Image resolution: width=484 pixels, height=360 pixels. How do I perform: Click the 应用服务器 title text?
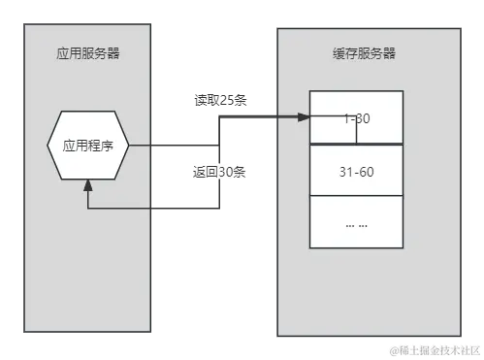(x=88, y=53)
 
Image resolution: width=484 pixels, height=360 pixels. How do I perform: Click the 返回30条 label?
(x=219, y=173)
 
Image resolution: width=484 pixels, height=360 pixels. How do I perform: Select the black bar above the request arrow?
(x=221, y=101)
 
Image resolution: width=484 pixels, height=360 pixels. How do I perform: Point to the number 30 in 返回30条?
(x=225, y=173)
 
